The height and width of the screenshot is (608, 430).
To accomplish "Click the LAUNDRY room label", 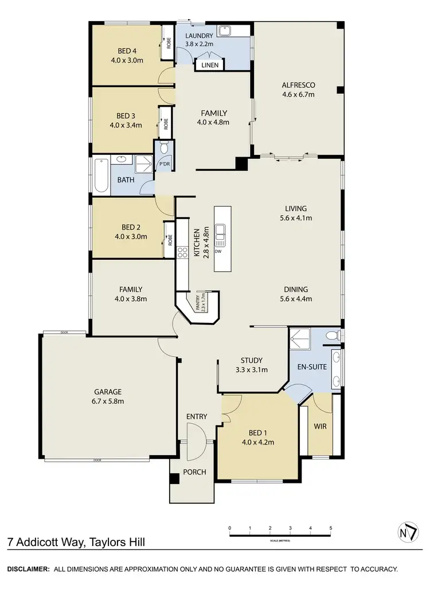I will (199, 38).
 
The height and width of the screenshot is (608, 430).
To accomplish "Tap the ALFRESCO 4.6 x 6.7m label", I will (298, 90).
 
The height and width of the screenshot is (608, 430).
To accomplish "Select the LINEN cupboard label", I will (210, 65).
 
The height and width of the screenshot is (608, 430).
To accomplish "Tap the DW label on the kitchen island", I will (218, 251).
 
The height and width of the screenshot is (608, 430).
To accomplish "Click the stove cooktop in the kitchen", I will (182, 254).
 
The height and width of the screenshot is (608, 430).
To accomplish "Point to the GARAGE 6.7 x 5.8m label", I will (108, 396).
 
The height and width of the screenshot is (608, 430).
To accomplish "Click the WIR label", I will (320, 427).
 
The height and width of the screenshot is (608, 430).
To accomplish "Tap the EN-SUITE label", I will (310, 366).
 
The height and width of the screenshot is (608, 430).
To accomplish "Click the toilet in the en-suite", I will (331, 336).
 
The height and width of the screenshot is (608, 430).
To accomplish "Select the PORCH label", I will (195, 472).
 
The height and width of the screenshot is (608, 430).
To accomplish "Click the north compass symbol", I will (405, 532).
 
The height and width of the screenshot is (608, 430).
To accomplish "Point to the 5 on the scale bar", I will (330, 528).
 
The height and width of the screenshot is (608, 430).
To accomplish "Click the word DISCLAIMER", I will (28, 569).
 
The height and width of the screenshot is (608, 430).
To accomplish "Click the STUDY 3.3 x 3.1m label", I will (252, 365).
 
